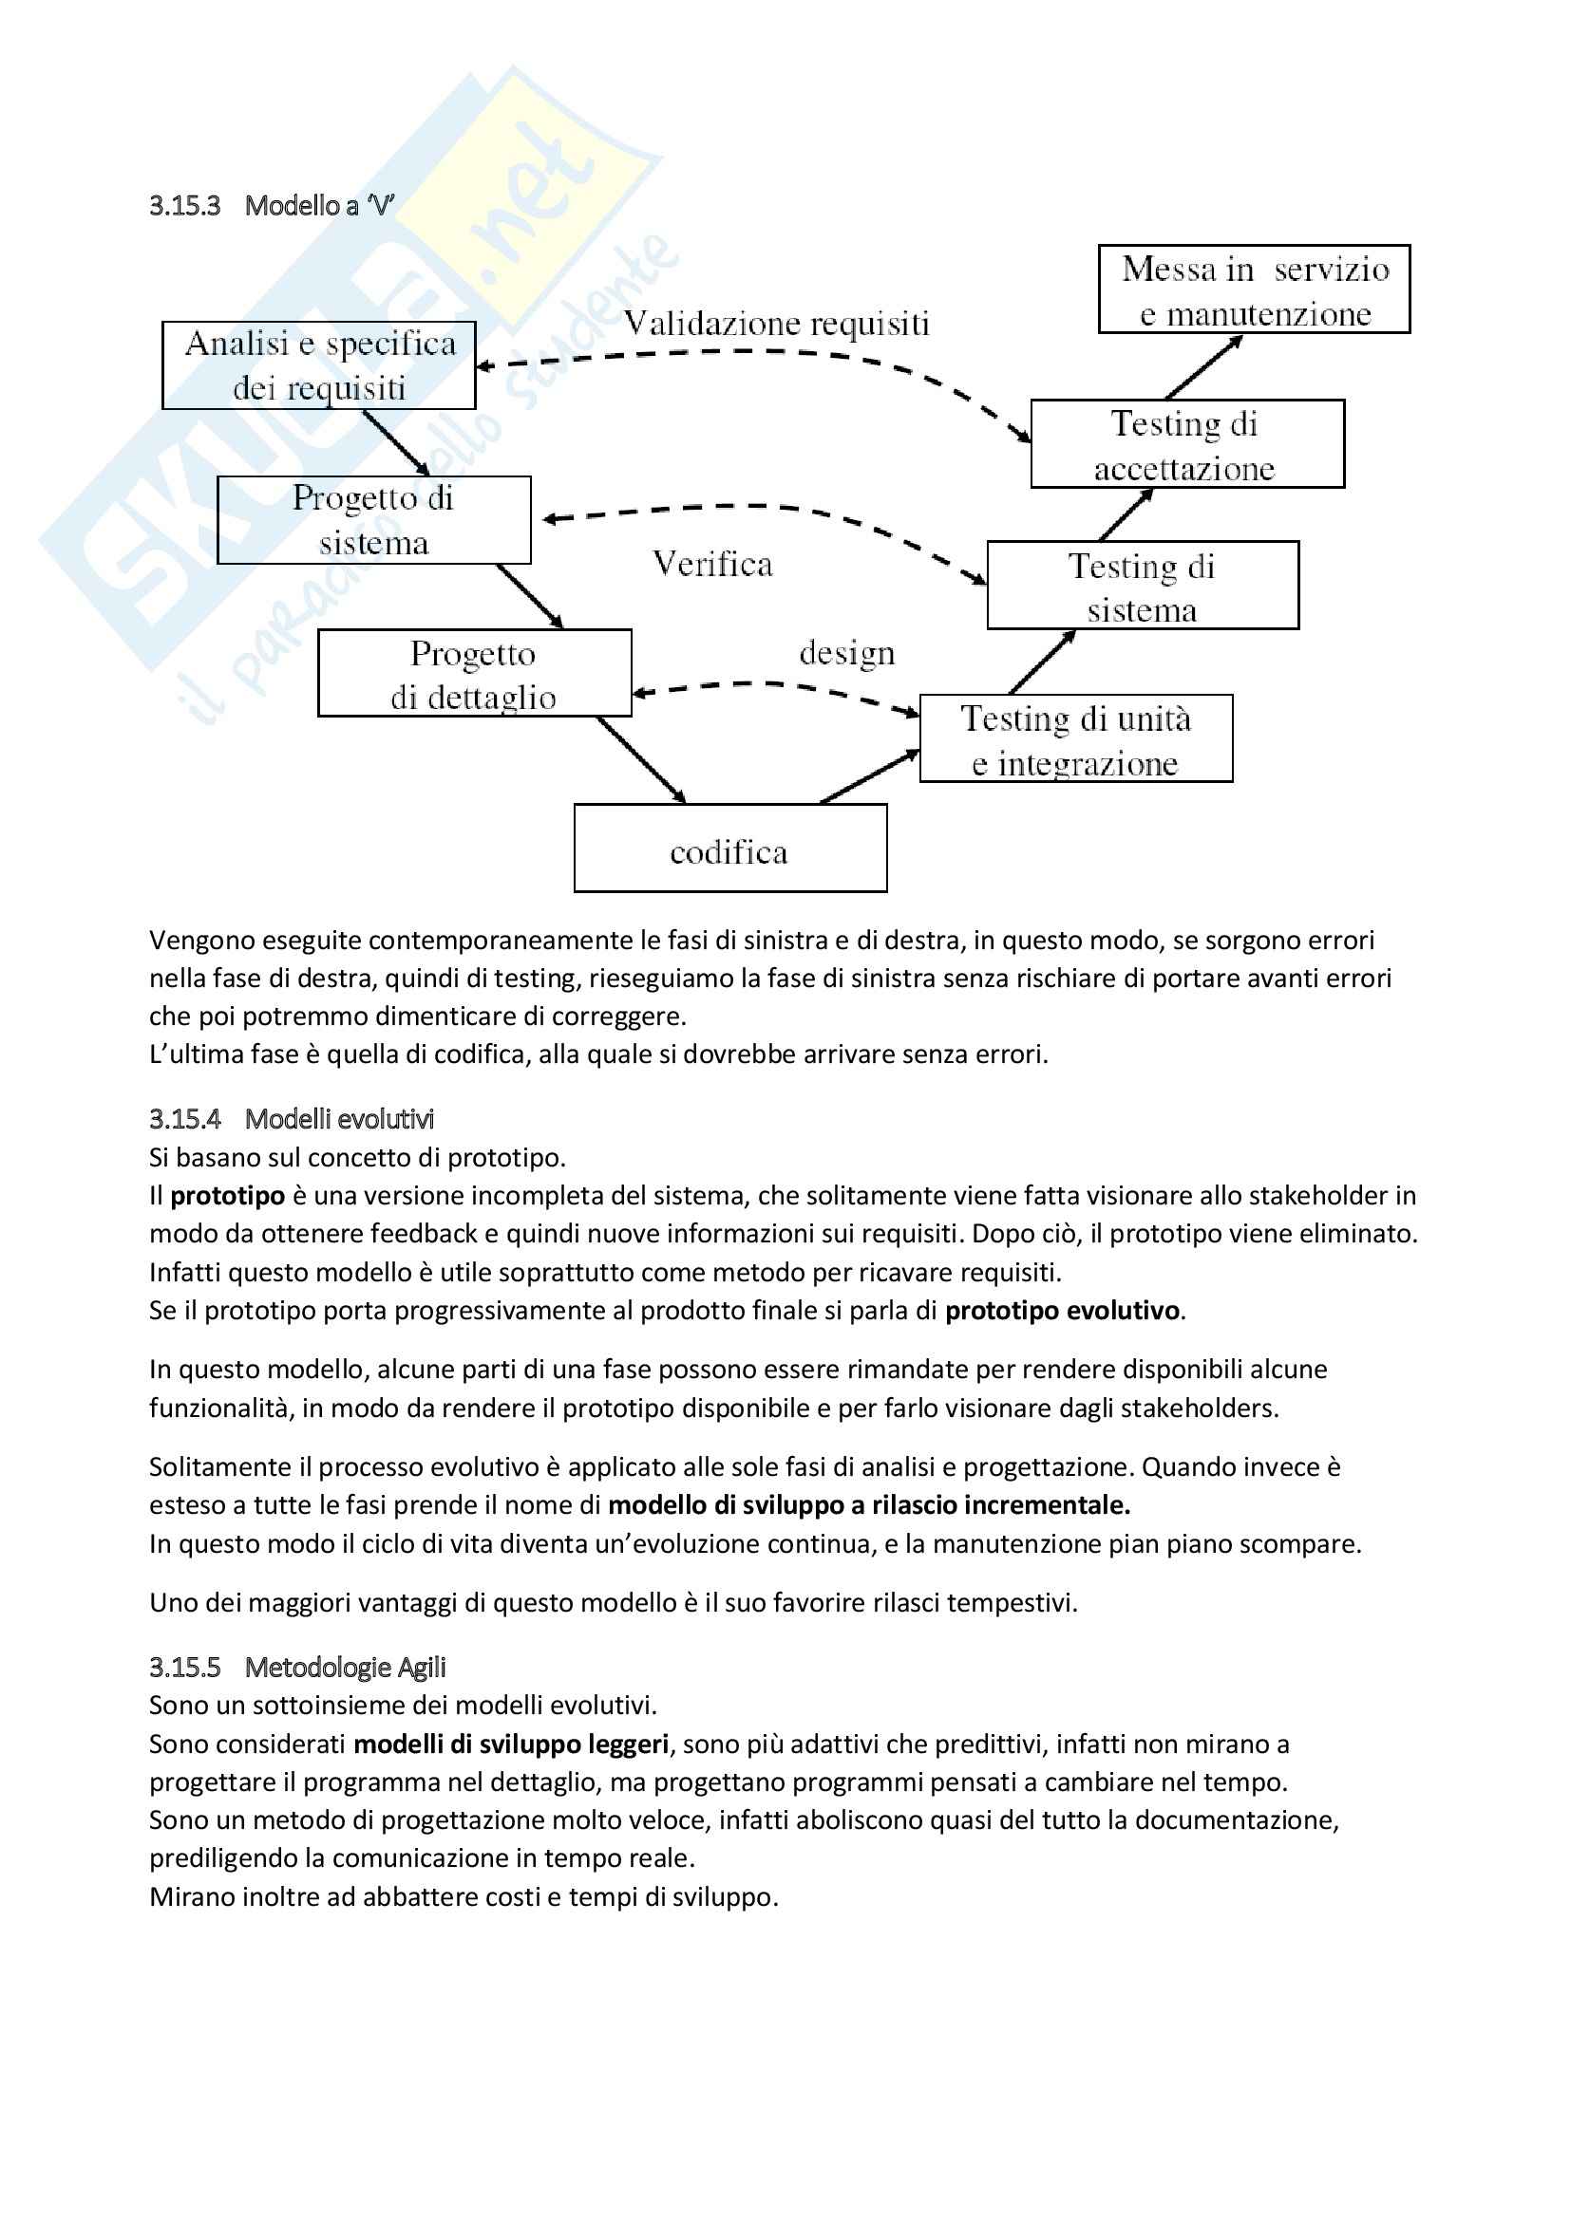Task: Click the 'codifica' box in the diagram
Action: (x=730, y=848)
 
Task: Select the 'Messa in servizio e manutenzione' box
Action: (x=1254, y=289)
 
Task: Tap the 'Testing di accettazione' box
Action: (x=1187, y=444)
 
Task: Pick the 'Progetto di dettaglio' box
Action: (x=474, y=673)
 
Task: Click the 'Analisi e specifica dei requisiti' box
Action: (x=318, y=365)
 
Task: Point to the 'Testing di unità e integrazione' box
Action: (x=1076, y=738)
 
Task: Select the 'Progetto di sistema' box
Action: (x=373, y=520)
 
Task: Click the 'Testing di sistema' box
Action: (x=1143, y=586)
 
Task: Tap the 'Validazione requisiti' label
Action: (x=776, y=323)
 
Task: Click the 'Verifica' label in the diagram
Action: (x=713, y=564)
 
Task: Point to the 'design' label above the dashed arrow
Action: (x=846, y=654)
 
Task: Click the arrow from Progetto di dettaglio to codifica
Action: (x=641, y=760)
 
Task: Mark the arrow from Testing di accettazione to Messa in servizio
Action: (x=1203, y=367)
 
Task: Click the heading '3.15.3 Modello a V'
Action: (x=272, y=206)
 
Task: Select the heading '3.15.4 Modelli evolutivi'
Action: (x=292, y=1119)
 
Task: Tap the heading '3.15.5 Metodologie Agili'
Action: (x=297, y=1667)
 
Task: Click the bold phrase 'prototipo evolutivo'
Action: (x=1061, y=1310)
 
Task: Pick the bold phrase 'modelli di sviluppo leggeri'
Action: (x=511, y=1744)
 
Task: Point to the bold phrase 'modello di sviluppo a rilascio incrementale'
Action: (x=868, y=1504)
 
